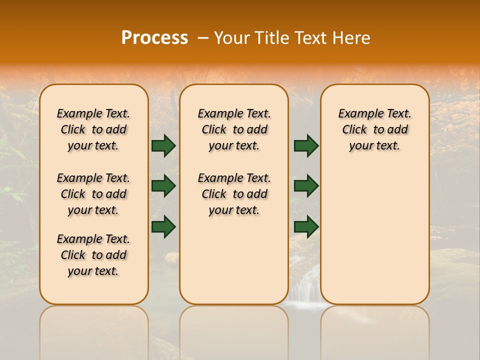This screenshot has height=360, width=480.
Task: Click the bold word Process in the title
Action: point(154,38)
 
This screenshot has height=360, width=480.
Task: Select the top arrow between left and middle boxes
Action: point(163,145)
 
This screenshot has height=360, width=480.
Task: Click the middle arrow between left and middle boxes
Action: point(163,186)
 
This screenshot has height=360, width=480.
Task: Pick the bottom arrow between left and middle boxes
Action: point(163,226)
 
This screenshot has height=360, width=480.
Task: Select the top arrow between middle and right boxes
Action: point(306,145)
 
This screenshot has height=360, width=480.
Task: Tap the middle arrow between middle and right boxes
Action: point(306,186)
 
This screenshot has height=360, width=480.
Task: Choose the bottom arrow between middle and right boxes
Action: point(306,226)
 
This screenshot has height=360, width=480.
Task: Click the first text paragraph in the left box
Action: point(93,129)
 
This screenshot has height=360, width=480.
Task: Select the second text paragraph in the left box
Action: point(93,194)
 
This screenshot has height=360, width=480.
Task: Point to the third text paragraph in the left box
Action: point(93,255)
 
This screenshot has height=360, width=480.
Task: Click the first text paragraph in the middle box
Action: point(234,129)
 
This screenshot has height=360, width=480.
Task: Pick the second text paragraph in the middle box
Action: point(234,194)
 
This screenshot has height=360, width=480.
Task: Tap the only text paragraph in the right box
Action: point(374,129)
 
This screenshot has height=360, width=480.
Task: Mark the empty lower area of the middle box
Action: point(234,260)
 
